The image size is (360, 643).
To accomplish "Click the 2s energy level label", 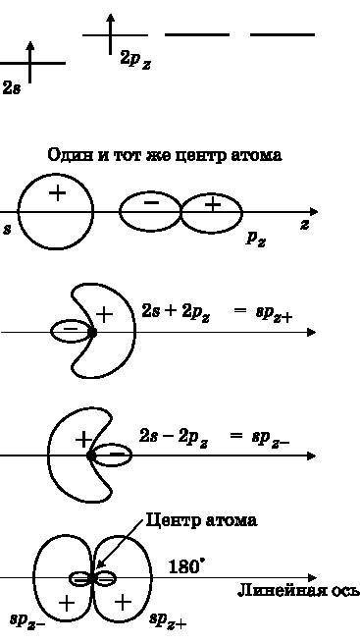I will tap(11, 87).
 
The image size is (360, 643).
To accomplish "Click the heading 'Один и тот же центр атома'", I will tap(165, 155).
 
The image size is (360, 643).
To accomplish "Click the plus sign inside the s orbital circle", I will tap(57, 192).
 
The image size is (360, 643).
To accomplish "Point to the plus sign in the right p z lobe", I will tap(212, 204).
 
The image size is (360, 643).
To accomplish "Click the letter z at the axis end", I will tap(305, 225).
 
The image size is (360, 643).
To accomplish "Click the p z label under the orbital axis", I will tap(257, 239).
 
